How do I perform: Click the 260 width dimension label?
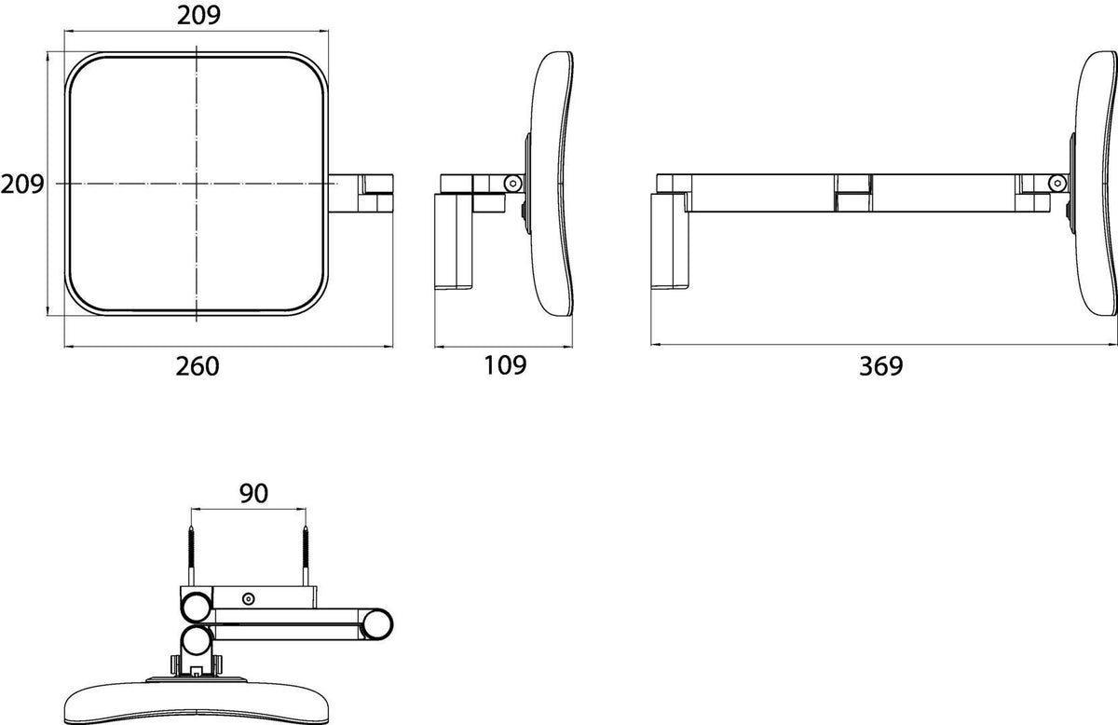click(x=198, y=366)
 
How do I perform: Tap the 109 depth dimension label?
click(x=505, y=365)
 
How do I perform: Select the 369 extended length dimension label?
click(x=881, y=366)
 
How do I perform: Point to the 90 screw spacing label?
click(x=254, y=493)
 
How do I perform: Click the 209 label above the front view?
click(x=198, y=16)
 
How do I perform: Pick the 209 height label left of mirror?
click(x=22, y=185)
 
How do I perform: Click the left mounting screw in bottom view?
click(x=191, y=555)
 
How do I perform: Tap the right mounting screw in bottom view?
click(x=306, y=555)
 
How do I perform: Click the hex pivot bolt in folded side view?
click(x=512, y=184)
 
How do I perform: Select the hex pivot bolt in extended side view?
click(x=1057, y=184)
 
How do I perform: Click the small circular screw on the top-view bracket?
click(x=248, y=598)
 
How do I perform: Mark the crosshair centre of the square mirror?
click(x=197, y=184)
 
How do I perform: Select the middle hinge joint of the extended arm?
click(x=853, y=193)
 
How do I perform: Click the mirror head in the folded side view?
click(x=552, y=184)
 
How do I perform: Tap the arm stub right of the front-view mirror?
click(x=361, y=194)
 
